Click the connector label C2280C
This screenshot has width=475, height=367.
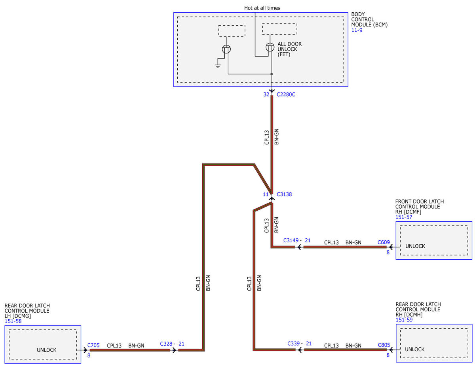coord(286,95)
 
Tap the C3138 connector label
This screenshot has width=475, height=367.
coord(284,194)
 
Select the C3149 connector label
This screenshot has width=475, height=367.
coord(291,240)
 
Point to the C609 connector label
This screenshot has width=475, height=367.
coord(384,242)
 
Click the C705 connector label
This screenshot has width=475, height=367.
coord(93,345)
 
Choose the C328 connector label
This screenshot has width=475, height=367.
coord(166,344)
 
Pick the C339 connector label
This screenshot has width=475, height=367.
coord(294,344)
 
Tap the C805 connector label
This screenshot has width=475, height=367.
coord(384,345)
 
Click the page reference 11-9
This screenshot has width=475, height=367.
coord(357,30)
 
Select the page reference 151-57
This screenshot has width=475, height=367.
coord(403,217)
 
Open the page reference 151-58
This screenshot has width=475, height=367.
coord(13,321)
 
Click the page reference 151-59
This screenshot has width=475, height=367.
coord(404,320)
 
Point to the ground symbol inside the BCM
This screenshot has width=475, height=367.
coord(218,66)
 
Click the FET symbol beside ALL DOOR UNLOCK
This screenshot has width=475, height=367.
coord(270,47)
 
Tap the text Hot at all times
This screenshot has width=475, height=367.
coord(262,8)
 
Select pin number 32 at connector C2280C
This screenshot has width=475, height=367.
coord(266,95)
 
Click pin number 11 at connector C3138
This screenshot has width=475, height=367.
coord(266,194)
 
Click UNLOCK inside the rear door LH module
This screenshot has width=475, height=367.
coord(47,350)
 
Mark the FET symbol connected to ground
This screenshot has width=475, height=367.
coord(226,49)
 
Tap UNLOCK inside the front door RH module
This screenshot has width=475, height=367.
coord(415,246)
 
